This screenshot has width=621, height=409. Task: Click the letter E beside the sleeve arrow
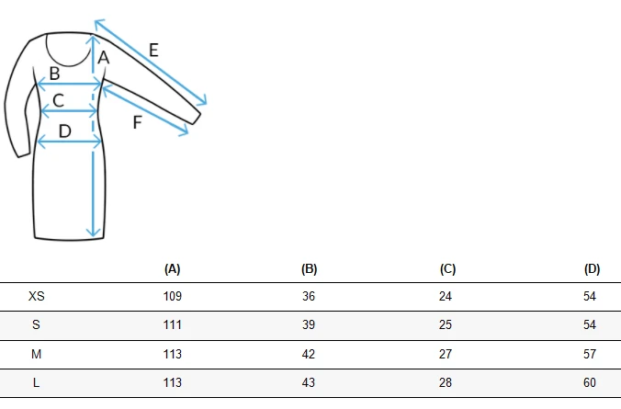[153, 51]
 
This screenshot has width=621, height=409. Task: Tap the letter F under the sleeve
[137, 122]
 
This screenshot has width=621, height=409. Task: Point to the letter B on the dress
[54, 74]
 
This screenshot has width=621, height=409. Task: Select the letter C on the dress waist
[58, 100]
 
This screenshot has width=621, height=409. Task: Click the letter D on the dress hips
[64, 131]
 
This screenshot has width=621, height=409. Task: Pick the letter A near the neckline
[104, 58]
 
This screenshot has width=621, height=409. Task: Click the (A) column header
[173, 269]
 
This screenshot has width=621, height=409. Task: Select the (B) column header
[310, 269]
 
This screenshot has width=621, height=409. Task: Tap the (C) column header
[448, 269]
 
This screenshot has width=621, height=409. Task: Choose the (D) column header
[593, 269]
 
